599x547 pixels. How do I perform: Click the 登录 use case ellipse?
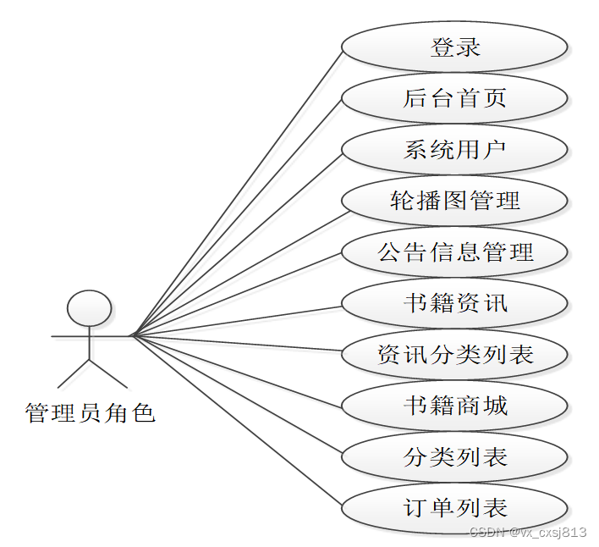[x=454, y=47]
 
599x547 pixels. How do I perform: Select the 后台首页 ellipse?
[x=454, y=98]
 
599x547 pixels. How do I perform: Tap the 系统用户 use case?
[x=454, y=150]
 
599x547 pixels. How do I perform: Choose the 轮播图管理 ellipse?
[x=454, y=201]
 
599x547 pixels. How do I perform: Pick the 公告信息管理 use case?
[x=454, y=251]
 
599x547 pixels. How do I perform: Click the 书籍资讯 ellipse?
[x=454, y=303]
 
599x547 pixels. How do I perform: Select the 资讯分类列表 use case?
[x=454, y=354]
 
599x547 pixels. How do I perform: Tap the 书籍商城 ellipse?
[x=454, y=406]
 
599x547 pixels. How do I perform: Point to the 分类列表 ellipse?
[x=454, y=457]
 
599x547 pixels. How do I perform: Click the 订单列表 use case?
[x=454, y=508]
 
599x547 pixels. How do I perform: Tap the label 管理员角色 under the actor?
[x=91, y=413]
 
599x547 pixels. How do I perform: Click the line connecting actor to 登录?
[x=237, y=191]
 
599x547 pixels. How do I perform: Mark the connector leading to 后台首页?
[x=237, y=216]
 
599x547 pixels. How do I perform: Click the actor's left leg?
[x=74, y=373]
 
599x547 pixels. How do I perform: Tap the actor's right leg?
[x=105, y=373]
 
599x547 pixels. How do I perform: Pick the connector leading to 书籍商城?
[x=237, y=369]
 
